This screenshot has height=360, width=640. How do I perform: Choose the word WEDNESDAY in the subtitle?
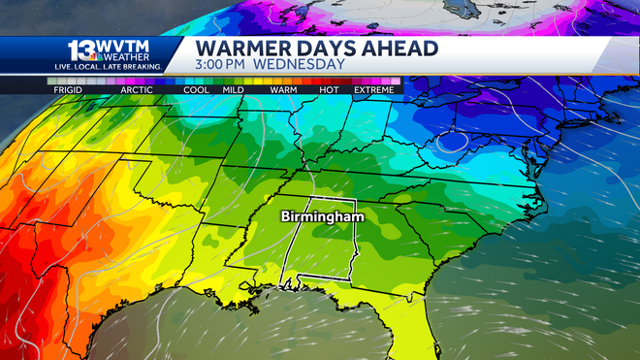pyautogui.click(x=301, y=65)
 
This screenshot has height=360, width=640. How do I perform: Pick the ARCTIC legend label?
pyautogui.click(x=137, y=90)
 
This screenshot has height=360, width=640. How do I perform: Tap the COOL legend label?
pyautogui.click(x=197, y=90)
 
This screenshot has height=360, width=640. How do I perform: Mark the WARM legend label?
pyautogui.click(x=283, y=90)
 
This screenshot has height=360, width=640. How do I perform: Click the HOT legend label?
pyautogui.click(x=329, y=90)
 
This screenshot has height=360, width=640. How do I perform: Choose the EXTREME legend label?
pyautogui.click(x=373, y=90)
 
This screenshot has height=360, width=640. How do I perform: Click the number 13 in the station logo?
pyautogui.click(x=80, y=50)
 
